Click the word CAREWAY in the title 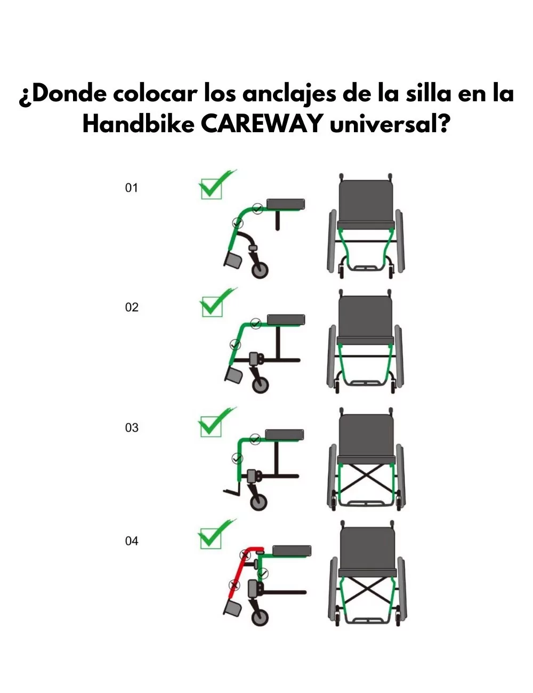[262, 124]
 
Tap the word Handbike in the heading [139, 124]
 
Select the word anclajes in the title [289, 94]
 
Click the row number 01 [131, 188]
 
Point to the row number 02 [132, 307]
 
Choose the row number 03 [132, 428]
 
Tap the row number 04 [132, 541]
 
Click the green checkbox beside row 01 [212, 189]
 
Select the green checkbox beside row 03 [211, 426]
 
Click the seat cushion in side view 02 [286, 319]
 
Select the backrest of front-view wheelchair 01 [365, 200]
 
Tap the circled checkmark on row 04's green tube [263, 574]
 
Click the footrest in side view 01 [233, 260]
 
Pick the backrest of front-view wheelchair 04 [368, 547]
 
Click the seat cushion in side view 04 [292, 551]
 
